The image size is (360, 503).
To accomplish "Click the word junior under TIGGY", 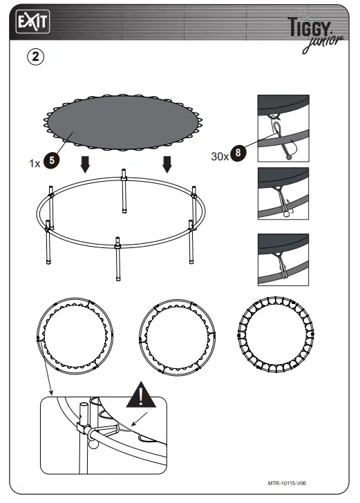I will click(x=321, y=43).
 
